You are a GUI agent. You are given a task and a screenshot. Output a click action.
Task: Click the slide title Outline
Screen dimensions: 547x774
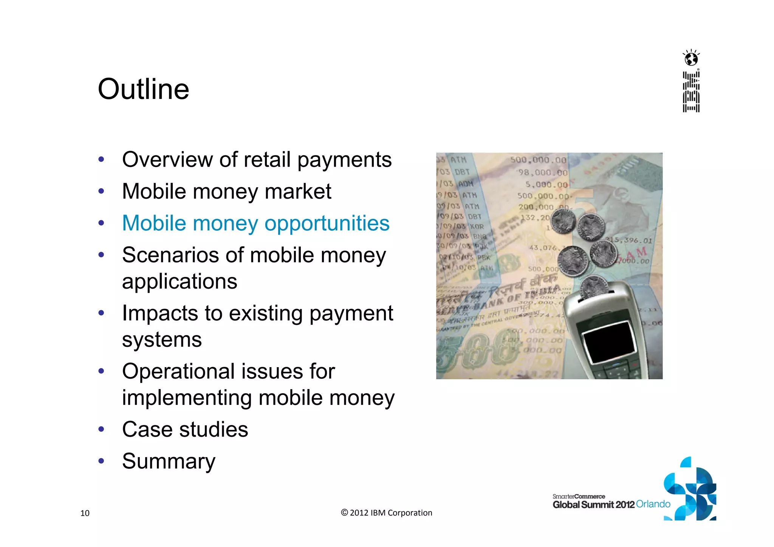click(143, 89)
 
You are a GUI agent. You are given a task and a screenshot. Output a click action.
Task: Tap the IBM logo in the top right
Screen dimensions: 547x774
click(691, 92)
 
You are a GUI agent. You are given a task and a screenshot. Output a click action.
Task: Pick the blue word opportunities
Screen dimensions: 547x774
click(327, 224)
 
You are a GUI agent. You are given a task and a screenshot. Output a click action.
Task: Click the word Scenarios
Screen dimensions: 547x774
click(170, 255)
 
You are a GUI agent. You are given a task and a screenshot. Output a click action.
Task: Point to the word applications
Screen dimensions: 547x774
click(180, 281)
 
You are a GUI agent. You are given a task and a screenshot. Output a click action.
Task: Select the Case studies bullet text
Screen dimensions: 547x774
click(185, 430)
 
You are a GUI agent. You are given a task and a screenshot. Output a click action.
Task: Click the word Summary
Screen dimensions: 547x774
click(169, 461)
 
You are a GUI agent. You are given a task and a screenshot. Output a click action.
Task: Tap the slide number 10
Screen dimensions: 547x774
click(85, 513)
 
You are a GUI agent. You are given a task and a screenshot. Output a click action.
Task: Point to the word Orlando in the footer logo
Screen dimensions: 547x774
click(653, 504)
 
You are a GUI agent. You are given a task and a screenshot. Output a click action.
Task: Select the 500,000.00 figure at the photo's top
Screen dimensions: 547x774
click(538, 160)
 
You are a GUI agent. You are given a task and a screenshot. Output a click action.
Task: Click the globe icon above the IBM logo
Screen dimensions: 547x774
click(691, 59)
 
